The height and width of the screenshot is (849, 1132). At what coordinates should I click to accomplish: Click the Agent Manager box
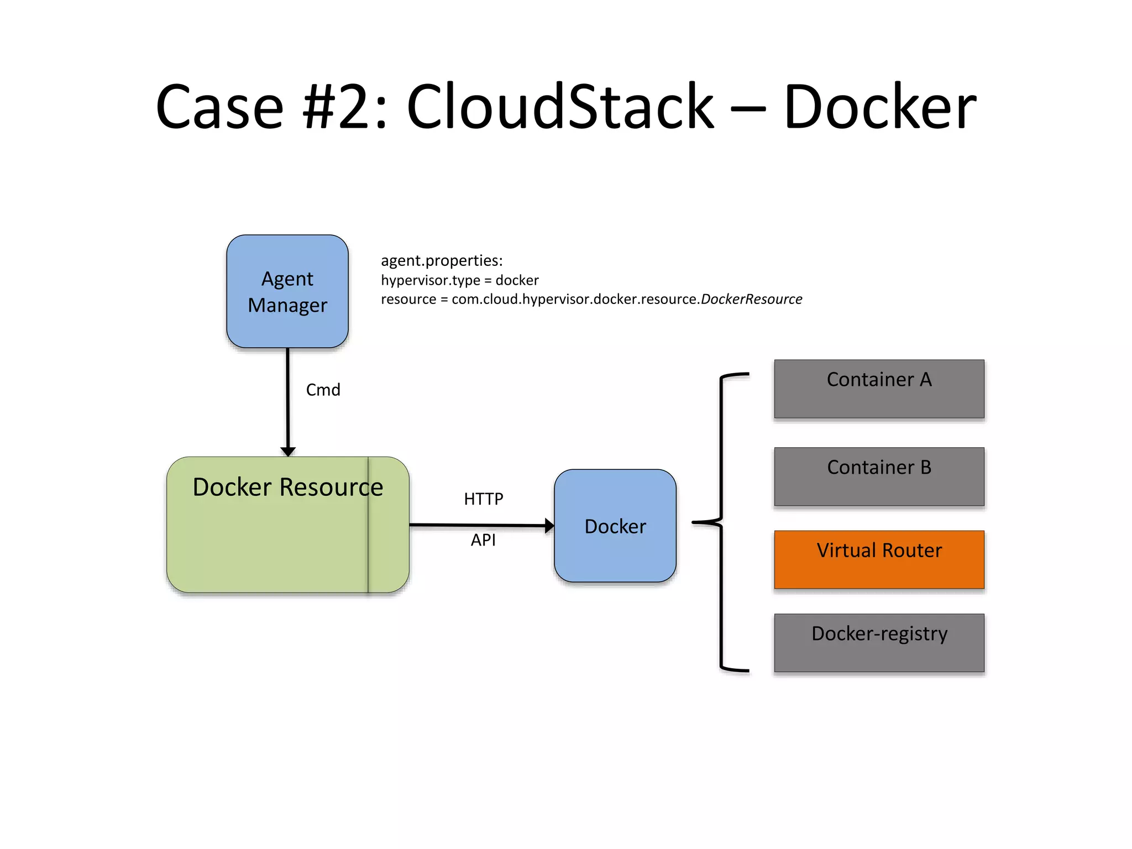click(x=287, y=291)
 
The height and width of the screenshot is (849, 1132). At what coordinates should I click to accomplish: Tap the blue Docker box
click(x=615, y=526)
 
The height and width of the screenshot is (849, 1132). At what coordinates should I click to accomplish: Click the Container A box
click(x=879, y=389)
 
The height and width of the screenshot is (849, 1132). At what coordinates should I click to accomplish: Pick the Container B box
click(x=879, y=476)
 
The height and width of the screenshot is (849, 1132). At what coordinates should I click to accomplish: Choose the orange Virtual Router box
click(x=879, y=559)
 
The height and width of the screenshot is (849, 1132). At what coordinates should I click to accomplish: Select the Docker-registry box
click(x=879, y=643)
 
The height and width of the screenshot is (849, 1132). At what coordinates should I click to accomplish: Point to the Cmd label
click(x=323, y=390)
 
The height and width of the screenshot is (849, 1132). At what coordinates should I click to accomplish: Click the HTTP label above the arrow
click(x=483, y=499)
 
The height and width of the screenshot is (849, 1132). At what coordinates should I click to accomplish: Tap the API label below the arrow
click(x=483, y=540)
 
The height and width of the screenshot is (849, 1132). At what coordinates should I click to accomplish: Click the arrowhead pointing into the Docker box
click(x=549, y=526)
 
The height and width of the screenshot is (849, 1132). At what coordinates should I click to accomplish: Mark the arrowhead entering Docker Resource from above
click(x=288, y=452)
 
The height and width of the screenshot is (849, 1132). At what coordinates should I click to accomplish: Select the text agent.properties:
click(x=442, y=260)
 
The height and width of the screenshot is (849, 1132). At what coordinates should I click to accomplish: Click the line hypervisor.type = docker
click(x=459, y=280)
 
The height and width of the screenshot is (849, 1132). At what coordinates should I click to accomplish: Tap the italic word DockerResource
click(x=751, y=299)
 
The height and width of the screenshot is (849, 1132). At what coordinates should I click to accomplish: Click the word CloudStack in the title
click(x=560, y=106)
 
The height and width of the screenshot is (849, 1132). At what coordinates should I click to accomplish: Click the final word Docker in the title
click(x=880, y=106)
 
